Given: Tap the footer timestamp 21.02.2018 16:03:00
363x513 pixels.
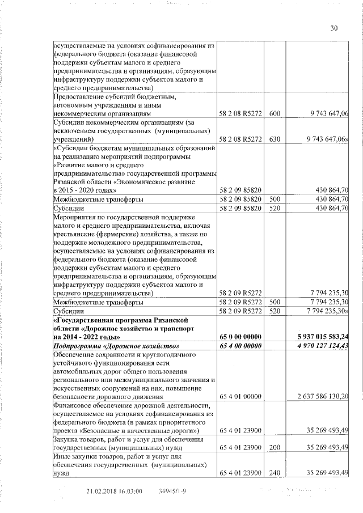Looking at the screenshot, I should [114, 491].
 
